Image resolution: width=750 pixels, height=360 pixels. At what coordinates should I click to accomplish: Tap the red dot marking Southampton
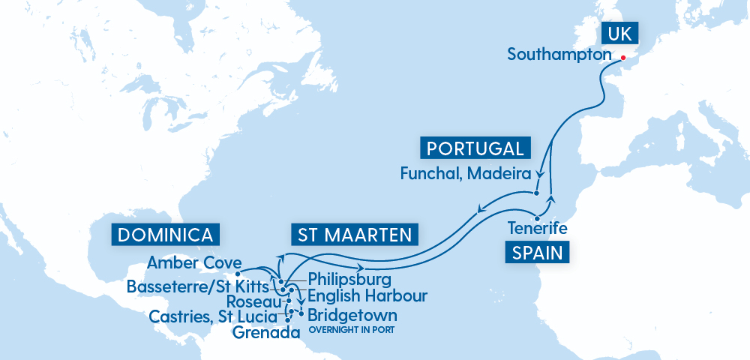point(622,56)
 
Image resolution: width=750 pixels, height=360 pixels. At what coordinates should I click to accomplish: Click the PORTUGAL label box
point(475,148)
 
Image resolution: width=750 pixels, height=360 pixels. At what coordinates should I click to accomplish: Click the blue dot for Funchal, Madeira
point(537,193)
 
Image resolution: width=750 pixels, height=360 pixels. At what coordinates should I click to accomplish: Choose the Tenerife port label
point(537,227)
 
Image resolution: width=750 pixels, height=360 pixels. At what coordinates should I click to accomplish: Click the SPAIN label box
point(537,252)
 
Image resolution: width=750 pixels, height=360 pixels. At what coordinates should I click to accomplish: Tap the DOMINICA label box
point(166,234)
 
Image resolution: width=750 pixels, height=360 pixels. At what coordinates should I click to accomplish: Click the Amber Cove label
point(194,262)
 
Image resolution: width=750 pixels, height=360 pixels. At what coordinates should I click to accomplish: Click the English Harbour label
point(367,295)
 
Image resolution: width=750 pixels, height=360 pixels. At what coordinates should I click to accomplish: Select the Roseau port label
point(256,301)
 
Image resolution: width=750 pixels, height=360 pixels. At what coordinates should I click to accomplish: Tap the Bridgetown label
point(352,314)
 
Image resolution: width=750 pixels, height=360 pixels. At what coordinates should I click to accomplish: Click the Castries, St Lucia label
point(212,316)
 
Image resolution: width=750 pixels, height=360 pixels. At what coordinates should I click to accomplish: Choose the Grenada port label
point(260,331)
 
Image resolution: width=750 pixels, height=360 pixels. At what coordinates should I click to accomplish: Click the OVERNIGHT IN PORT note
point(352,329)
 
